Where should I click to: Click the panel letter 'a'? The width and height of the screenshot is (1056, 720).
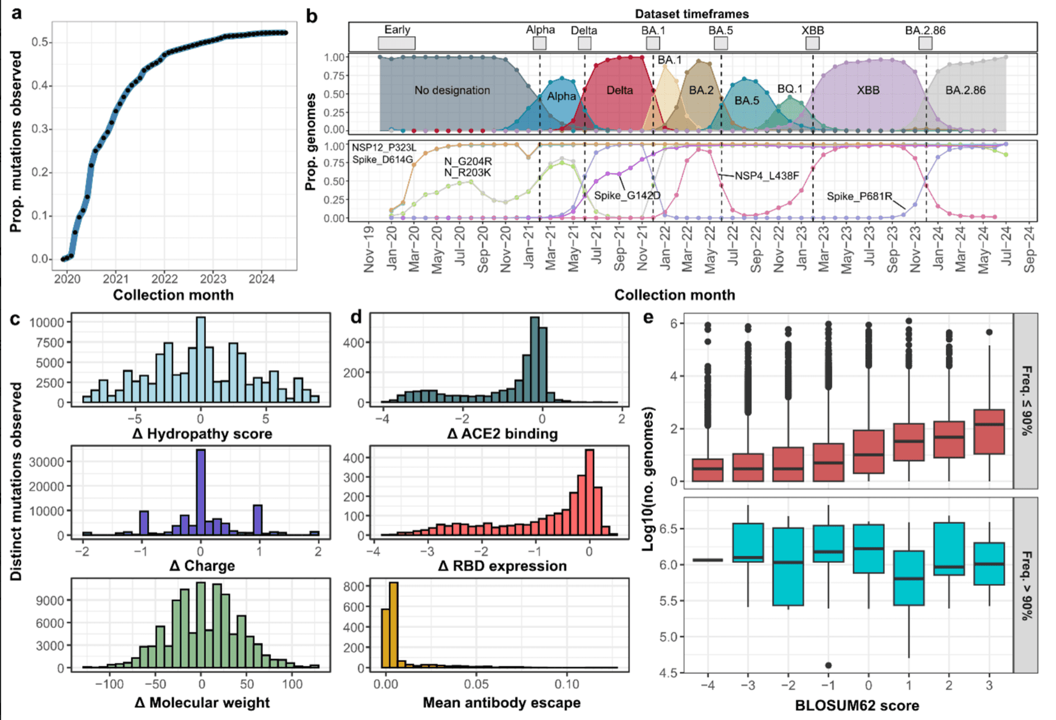pyautogui.click(x=17, y=13)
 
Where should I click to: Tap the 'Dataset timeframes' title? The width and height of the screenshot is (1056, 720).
pyautogui.click(x=692, y=14)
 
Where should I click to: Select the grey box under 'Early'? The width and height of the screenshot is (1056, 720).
pyautogui.click(x=397, y=43)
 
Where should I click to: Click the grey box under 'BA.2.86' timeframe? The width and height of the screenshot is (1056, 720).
pyautogui.click(x=926, y=43)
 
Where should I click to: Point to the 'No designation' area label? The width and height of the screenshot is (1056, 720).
pyautogui.click(x=452, y=91)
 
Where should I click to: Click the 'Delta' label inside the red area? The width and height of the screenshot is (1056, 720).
pyautogui.click(x=620, y=91)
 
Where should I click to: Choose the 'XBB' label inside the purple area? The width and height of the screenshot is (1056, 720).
pyautogui.click(x=868, y=91)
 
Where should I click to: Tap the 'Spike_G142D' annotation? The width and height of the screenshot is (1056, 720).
pyautogui.click(x=627, y=196)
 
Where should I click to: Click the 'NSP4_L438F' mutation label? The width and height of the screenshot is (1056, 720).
pyautogui.click(x=766, y=176)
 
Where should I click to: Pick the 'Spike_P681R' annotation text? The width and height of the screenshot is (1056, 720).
pyautogui.click(x=859, y=196)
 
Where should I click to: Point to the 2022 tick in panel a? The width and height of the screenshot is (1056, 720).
pyautogui.click(x=164, y=279)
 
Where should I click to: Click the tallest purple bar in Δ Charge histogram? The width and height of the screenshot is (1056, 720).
pyautogui.click(x=201, y=492)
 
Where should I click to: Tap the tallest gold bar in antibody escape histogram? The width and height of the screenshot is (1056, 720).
pyautogui.click(x=393, y=624)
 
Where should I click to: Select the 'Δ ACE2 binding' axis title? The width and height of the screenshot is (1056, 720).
pyautogui.click(x=502, y=434)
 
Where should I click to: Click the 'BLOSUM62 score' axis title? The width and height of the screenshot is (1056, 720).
pyautogui.click(x=857, y=705)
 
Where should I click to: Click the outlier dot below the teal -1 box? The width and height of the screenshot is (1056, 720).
pyautogui.click(x=828, y=665)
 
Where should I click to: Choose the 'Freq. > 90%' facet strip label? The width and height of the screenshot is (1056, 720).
pyautogui.click(x=1026, y=585)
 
